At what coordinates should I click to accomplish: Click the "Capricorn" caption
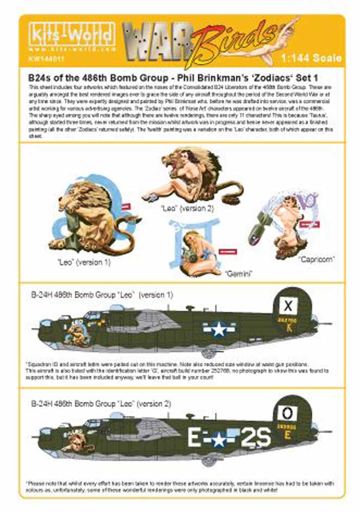click(x=317, y=259)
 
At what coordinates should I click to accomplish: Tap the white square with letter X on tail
click(x=289, y=306)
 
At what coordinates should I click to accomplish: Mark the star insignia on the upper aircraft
click(x=220, y=329)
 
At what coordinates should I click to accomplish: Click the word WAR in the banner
click(x=154, y=44)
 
